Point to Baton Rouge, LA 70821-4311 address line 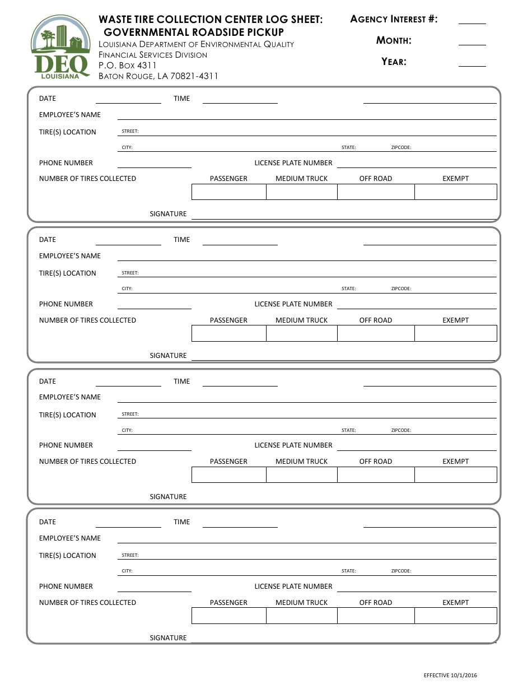click(158, 76)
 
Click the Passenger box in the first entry click(228, 192)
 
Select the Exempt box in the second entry click(455, 333)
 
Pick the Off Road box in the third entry click(375, 474)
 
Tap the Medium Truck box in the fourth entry click(301, 616)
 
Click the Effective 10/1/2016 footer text click(450, 676)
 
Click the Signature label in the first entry click(168, 214)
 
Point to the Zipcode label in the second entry click(401, 289)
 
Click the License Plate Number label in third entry click(293, 445)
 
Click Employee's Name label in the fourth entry click(70, 538)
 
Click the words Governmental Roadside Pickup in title click(194, 32)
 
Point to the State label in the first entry click(348, 148)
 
